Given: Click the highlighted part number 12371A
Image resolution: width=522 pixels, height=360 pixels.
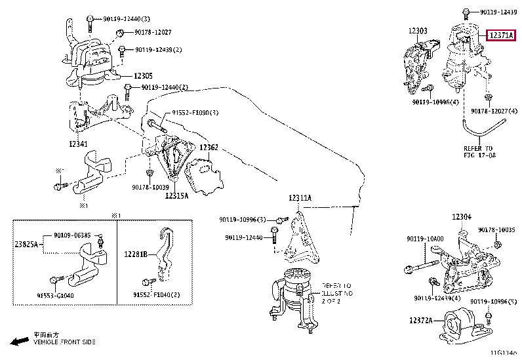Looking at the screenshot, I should click(x=502, y=36).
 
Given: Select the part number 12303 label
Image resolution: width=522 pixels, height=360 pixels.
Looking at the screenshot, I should click(x=418, y=31).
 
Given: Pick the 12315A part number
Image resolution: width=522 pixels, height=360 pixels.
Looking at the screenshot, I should click(x=176, y=195).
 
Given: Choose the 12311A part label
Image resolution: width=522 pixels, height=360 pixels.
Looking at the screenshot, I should click(x=300, y=197).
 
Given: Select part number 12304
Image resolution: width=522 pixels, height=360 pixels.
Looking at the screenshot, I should click(x=461, y=217).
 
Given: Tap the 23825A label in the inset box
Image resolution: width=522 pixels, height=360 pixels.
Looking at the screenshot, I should click(x=27, y=244).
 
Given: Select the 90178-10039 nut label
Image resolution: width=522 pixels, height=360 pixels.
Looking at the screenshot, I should click(x=150, y=188).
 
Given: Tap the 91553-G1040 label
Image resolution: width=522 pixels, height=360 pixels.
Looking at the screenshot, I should click(x=55, y=296).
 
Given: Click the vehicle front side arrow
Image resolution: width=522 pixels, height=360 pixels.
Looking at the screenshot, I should click(x=19, y=341).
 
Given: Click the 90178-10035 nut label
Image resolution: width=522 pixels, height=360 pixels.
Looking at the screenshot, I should click(x=496, y=230).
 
